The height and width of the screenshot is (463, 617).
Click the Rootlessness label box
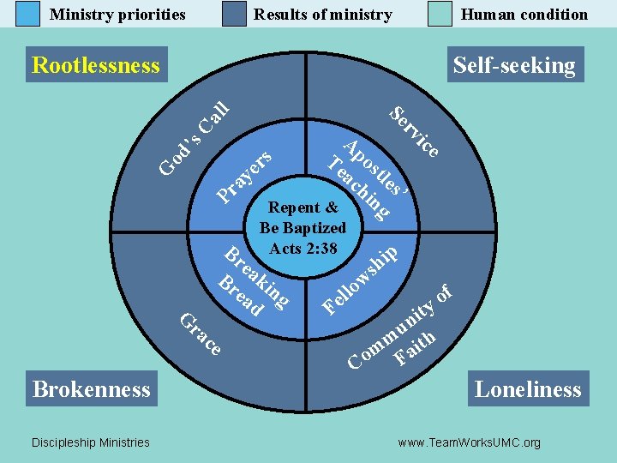click(x=96, y=65)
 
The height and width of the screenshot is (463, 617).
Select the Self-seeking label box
click(x=514, y=65)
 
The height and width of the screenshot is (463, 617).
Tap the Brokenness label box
click(x=92, y=389)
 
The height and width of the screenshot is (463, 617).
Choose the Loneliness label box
click(x=528, y=389)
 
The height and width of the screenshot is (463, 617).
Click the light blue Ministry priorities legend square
click(x=28, y=14)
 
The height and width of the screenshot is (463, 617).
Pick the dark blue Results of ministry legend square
click(x=234, y=14)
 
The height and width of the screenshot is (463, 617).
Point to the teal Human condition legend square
click(x=440, y=14)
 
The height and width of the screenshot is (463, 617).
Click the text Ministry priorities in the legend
click(x=117, y=15)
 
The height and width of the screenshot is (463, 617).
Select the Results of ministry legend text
click(x=323, y=15)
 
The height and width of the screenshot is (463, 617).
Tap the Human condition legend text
click(x=524, y=15)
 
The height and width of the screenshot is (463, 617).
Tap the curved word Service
click(x=416, y=131)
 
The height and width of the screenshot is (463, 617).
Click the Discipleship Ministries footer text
click(x=90, y=442)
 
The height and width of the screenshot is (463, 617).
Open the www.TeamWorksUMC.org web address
click(x=469, y=442)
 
